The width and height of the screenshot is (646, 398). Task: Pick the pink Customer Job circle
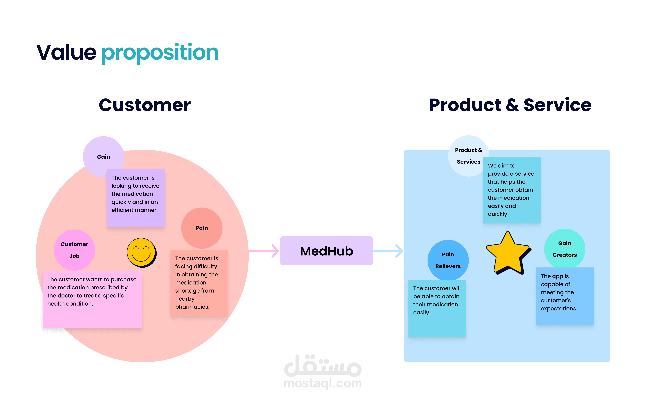pyautogui.click(x=74, y=250)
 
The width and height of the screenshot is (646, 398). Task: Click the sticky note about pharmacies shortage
pyautogui.click(x=199, y=282)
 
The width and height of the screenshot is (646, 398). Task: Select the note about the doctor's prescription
pyautogui.click(x=92, y=299)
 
